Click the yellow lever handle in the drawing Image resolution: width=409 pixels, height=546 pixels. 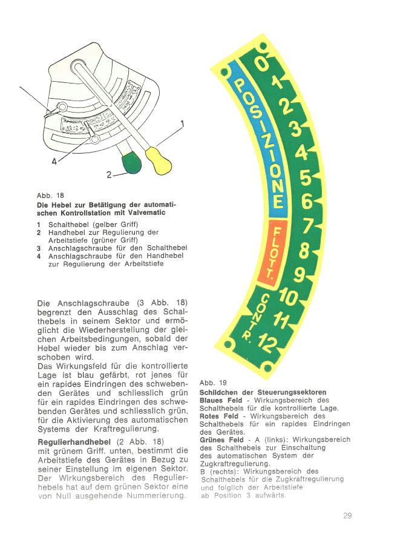click(159, 160)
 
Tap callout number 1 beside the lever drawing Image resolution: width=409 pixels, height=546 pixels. click(182, 125)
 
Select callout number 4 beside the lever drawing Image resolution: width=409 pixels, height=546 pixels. click(54, 161)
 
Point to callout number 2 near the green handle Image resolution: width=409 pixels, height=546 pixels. click(109, 174)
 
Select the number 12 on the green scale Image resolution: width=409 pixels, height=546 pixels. click(268, 345)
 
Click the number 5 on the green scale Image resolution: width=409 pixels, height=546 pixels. click(306, 179)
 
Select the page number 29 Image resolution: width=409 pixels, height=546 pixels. click(347, 516)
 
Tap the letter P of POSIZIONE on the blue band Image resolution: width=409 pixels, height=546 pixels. click(240, 85)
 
